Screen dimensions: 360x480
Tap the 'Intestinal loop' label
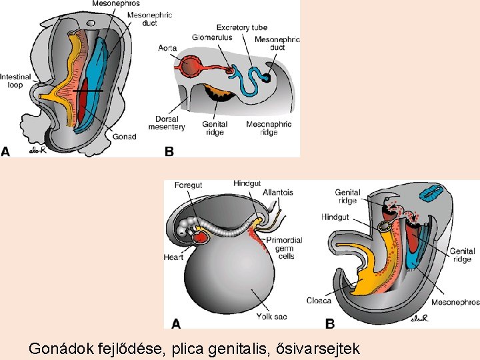[x=12, y=81]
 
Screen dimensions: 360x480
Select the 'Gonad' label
[x=124, y=137]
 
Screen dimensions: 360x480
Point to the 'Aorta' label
[x=167, y=48]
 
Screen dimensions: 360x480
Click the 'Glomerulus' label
[x=212, y=37]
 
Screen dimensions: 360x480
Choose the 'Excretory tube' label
[x=241, y=27]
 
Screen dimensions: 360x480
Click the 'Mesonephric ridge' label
[x=269, y=128]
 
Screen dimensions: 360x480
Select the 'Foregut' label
[x=188, y=185]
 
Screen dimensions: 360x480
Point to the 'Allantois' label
[x=277, y=192]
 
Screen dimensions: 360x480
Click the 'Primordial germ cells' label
[x=284, y=248]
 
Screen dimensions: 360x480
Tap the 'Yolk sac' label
[x=271, y=317]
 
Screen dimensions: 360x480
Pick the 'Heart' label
[x=173, y=257]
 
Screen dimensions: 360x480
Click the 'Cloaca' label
[x=319, y=301]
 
